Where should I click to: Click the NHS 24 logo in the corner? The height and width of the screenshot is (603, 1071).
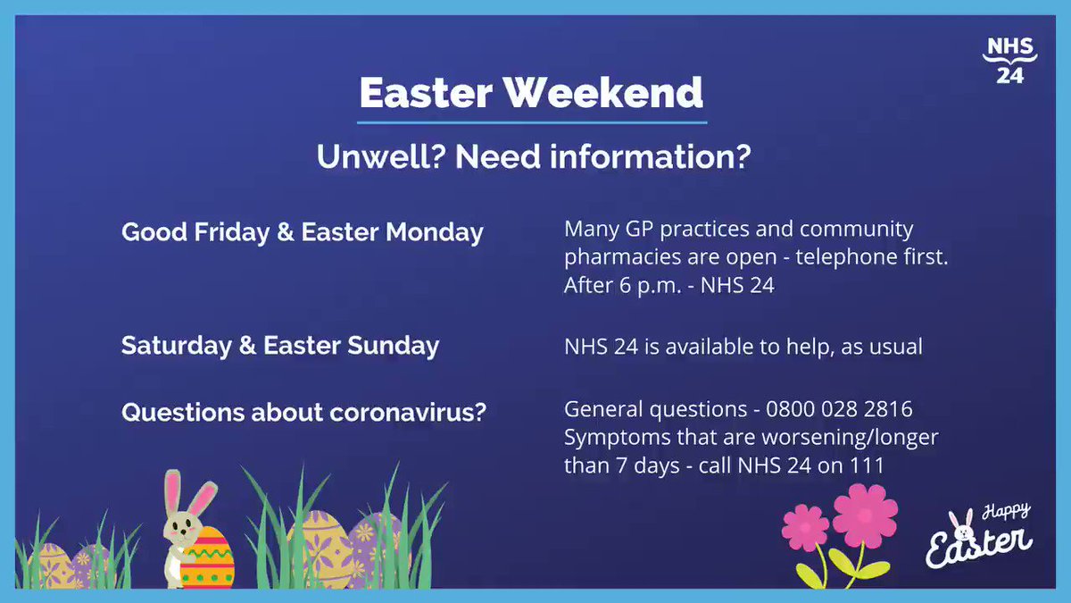point(1009,61)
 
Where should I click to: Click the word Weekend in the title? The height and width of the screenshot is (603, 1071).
point(604,92)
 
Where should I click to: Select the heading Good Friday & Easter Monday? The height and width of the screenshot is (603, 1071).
point(303,232)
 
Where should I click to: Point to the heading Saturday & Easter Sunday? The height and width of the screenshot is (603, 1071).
point(280,346)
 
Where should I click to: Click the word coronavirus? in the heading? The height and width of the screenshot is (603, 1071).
point(408,412)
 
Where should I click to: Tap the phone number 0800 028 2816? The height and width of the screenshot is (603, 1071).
point(839,409)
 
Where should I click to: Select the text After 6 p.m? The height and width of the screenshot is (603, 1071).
point(623,285)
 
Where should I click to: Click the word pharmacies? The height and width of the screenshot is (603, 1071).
point(623,258)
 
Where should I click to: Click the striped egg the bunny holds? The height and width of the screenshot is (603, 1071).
point(207,557)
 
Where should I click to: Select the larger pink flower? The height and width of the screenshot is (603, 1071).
point(865,516)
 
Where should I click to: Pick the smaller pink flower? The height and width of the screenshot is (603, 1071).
point(805,527)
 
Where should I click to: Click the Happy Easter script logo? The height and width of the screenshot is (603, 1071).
point(979,535)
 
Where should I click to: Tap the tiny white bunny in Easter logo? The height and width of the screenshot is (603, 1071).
point(961,526)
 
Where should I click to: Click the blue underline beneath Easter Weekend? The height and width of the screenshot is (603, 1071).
point(532,123)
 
